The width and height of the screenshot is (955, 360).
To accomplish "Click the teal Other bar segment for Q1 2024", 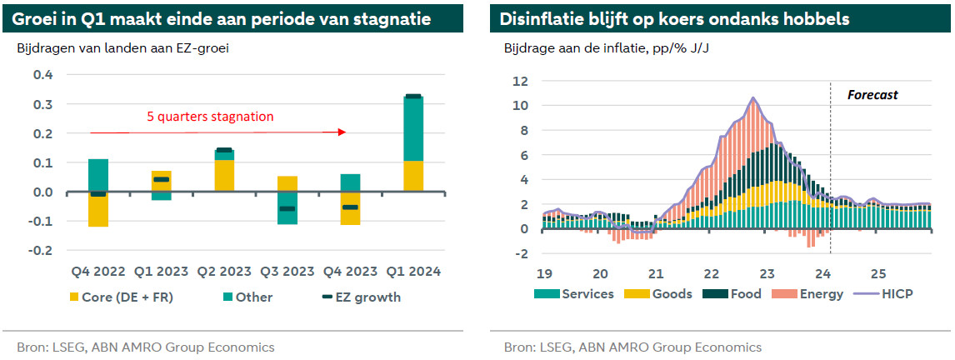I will point(413,129).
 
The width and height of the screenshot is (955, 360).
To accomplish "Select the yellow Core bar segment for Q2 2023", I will point(224,175).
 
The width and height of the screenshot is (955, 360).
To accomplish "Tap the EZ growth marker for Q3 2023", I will point(287,208).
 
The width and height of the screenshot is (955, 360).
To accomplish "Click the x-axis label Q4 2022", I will point(98,271).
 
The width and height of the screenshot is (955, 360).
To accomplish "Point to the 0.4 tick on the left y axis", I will point(42,75).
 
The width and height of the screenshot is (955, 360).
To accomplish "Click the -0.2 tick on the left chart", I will point(40,250).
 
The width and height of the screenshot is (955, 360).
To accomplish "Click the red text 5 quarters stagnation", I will point(210,117).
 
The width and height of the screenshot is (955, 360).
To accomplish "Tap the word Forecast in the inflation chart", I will point(872,95).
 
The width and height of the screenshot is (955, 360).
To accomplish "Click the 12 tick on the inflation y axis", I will point(522,81).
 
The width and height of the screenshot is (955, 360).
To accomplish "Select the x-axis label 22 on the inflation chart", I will point(712,273).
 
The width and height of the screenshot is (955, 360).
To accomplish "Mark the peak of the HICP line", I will point(753,98).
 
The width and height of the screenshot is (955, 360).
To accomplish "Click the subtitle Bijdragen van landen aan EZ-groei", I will point(122,47).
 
